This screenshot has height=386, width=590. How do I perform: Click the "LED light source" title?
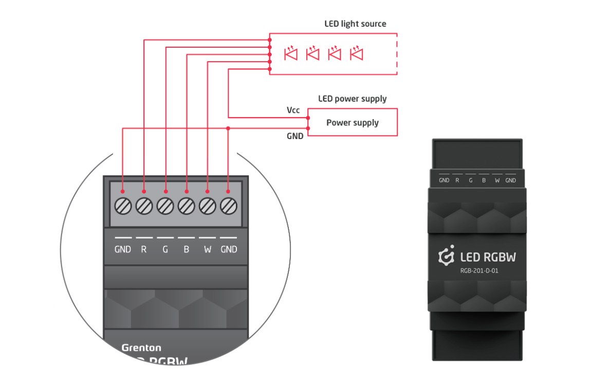pos(355,24)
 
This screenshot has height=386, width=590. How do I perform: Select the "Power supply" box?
pos(352,123)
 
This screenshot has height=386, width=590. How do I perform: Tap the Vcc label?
pos(293,110)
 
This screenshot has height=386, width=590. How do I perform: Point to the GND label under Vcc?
pos(294,136)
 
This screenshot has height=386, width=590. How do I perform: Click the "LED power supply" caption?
pos(352,99)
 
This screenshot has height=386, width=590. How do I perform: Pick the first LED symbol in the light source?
pos(291,53)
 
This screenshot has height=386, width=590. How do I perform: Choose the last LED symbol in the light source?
pos(356,53)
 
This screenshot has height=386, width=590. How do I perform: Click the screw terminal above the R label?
pos(144,206)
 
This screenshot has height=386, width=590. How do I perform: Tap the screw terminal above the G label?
pos(165,206)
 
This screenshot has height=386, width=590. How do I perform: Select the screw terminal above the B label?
pos(186,206)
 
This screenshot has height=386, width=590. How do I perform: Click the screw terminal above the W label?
pos(207,206)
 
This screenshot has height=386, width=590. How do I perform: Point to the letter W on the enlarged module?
pos(207,249)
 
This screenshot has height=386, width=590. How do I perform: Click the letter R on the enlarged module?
pos(144,249)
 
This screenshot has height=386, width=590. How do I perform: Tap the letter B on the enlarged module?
pos(186,249)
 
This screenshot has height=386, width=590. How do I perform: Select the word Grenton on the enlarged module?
pos(141,348)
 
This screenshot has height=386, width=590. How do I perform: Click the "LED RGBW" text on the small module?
pos(487,257)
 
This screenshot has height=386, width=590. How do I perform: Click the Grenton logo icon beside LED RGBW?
pos(446,257)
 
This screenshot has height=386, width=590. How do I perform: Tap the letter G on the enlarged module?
pos(165,249)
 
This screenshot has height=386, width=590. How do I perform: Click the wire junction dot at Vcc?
pos(308,118)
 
